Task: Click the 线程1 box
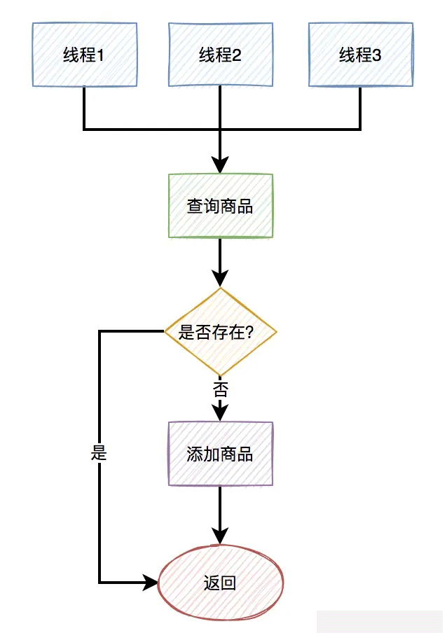point(84,55)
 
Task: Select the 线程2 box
point(220,55)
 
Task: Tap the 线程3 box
point(360,55)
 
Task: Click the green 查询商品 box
point(220,206)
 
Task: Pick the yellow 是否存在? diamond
point(220,332)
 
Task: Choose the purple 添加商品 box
point(220,454)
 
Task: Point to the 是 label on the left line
point(99,453)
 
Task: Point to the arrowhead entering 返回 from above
point(220,538)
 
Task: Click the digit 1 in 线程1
point(100,55)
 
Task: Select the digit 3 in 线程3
point(377,55)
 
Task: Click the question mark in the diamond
point(249,333)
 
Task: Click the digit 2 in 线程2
point(237,55)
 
